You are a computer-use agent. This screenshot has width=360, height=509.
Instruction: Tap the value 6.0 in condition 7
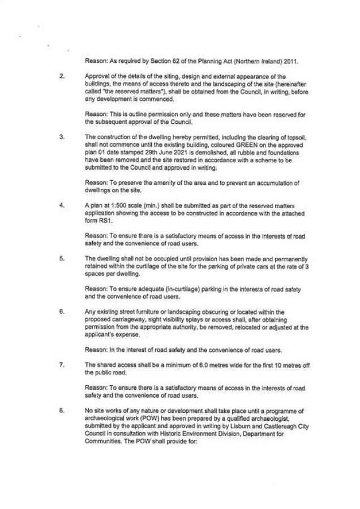pyautogui.click(x=192, y=365)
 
